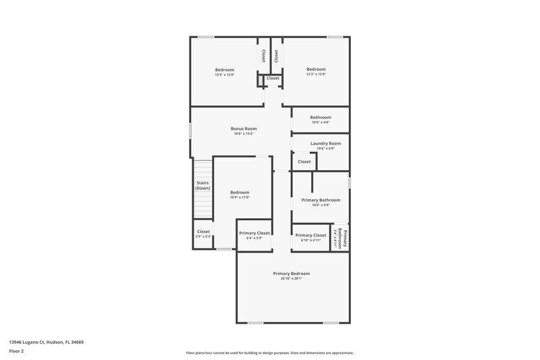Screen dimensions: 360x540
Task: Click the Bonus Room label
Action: pyautogui.click(x=244, y=128)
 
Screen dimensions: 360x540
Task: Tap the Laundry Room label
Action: pyautogui.click(x=325, y=143)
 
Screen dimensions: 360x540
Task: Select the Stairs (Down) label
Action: pyautogui.click(x=202, y=185)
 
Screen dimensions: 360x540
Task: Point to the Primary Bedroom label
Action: pyautogui.click(x=292, y=273)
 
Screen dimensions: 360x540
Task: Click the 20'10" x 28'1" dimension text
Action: pyautogui.click(x=292, y=278)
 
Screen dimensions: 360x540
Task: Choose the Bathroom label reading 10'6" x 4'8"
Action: pyautogui.click(x=321, y=117)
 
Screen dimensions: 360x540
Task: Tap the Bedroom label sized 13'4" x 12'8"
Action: pyautogui.click(x=225, y=70)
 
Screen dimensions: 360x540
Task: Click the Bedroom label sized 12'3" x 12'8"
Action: pyautogui.click(x=316, y=69)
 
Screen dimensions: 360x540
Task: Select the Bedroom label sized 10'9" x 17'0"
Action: pyautogui.click(x=240, y=192)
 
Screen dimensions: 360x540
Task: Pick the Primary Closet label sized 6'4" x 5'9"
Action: pyautogui.click(x=254, y=233)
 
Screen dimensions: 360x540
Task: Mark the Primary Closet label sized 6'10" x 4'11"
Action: pyautogui.click(x=310, y=235)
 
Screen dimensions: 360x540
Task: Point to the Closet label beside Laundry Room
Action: pyautogui.click(x=304, y=161)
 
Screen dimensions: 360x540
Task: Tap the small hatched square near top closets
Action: pyautogui.click(x=259, y=80)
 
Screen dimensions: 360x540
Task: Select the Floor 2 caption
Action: pyautogui.click(x=16, y=352)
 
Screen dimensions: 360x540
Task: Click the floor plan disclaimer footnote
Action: pyautogui.click(x=269, y=353)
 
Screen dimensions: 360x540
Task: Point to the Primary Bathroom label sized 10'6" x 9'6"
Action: pyautogui.click(x=321, y=200)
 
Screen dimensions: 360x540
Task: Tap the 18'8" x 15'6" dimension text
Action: pyautogui.click(x=244, y=134)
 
